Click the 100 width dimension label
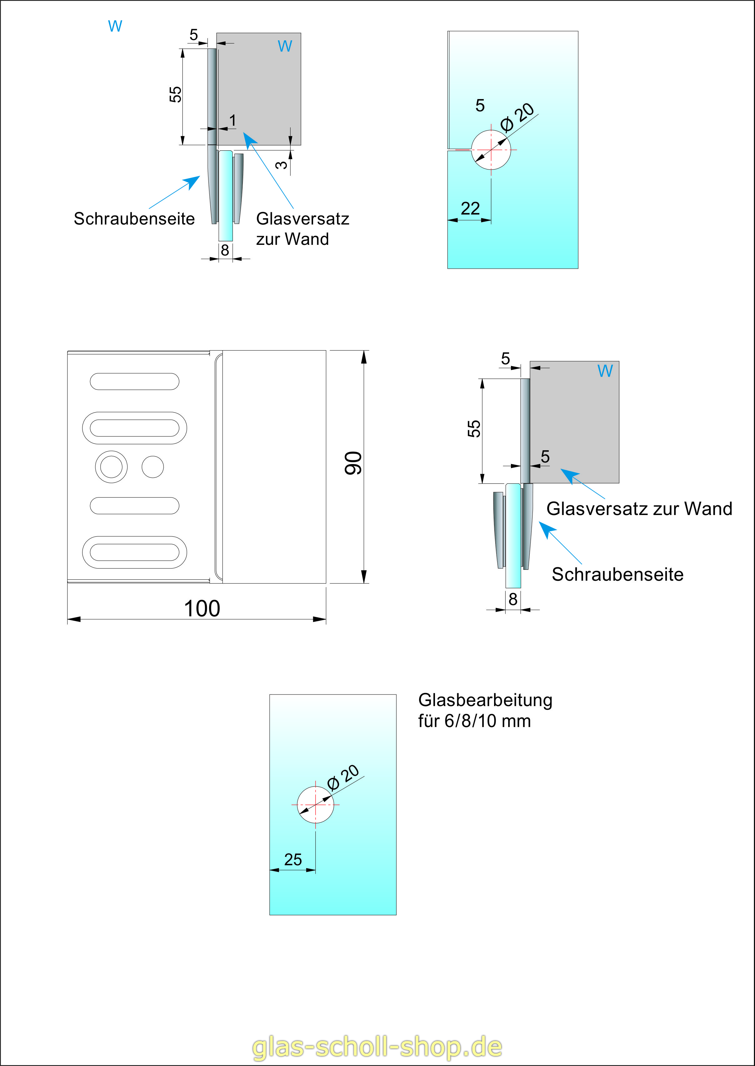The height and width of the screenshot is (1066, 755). click(x=202, y=608)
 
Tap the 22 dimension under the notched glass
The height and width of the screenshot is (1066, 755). click(x=470, y=208)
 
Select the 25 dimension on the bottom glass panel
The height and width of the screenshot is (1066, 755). click(x=293, y=860)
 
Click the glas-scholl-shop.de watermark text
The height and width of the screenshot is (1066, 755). click(x=377, y=1047)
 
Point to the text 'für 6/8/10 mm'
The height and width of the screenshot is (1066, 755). click(x=474, y=721)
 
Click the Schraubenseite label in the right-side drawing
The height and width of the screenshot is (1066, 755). click(x=617, y=574)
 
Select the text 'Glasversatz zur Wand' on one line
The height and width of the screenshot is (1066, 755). click(x=639, y=508)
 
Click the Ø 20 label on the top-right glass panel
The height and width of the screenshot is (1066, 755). click(x=517, y=117)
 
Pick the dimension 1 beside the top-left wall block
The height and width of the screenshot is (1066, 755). click(x=232, y=120)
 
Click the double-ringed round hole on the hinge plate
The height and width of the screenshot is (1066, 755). click(x=111, y=467)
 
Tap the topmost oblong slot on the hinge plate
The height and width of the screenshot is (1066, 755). click(x=134, y=381)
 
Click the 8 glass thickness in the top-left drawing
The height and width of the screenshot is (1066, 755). click(x=225, y=250)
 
